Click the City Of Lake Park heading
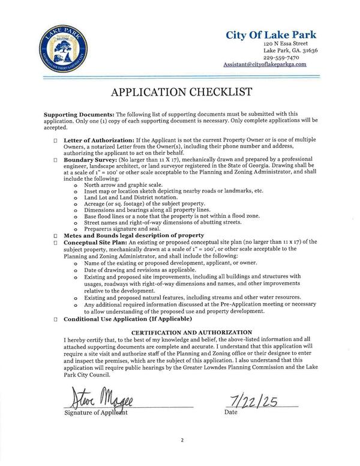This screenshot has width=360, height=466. pyautogui.click(x=271, y=35)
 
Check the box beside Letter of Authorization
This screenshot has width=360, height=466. pyautogui.click(x=56, y=139)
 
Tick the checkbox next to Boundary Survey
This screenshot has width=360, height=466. pyautogui.click(x=56, y=160)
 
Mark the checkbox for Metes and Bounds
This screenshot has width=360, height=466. pyautogui.click(x=56, y=235)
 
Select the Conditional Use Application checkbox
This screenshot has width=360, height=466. pyautogui.click(x=56, y=319)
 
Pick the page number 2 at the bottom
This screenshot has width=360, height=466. pyautogui.click(x=181, y=440)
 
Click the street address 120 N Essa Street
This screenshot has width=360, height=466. pyautogui.click(x=290, y=44)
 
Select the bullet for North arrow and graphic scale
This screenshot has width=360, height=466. pyautogui.click(x=76, y=185)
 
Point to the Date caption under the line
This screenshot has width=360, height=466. pyautogui.click(x=230, y=413)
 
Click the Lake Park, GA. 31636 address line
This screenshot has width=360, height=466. pyautogui.click(x=290, y=51)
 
